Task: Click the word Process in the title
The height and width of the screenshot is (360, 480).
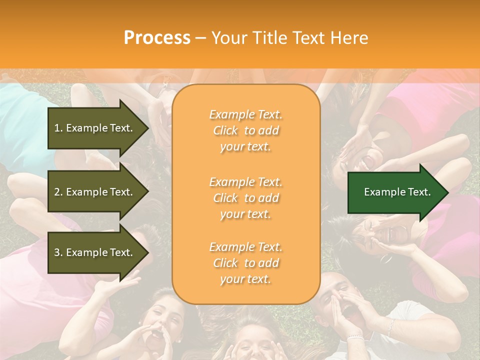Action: tap(157, 38)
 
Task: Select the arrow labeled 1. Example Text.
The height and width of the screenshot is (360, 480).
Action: tap(95, 128)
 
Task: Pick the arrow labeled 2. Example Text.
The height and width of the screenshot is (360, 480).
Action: tap(95, 192)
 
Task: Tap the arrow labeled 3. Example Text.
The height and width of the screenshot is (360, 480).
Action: tap(95, 253)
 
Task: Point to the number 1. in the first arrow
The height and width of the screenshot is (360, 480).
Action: tap(58, 128)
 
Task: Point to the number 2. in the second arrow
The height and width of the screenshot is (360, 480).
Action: tap(58, 192)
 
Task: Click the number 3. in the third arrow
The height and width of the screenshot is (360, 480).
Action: tap(58, 253)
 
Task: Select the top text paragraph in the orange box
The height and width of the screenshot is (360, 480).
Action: tap(245, 130)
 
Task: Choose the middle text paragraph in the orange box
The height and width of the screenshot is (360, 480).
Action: tap(245, 198)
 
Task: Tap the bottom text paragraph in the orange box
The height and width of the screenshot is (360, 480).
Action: tap(245, 263)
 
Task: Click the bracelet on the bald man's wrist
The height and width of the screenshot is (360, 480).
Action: tap(355, 337)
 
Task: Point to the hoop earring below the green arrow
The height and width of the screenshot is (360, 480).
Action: tap(385, 258)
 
